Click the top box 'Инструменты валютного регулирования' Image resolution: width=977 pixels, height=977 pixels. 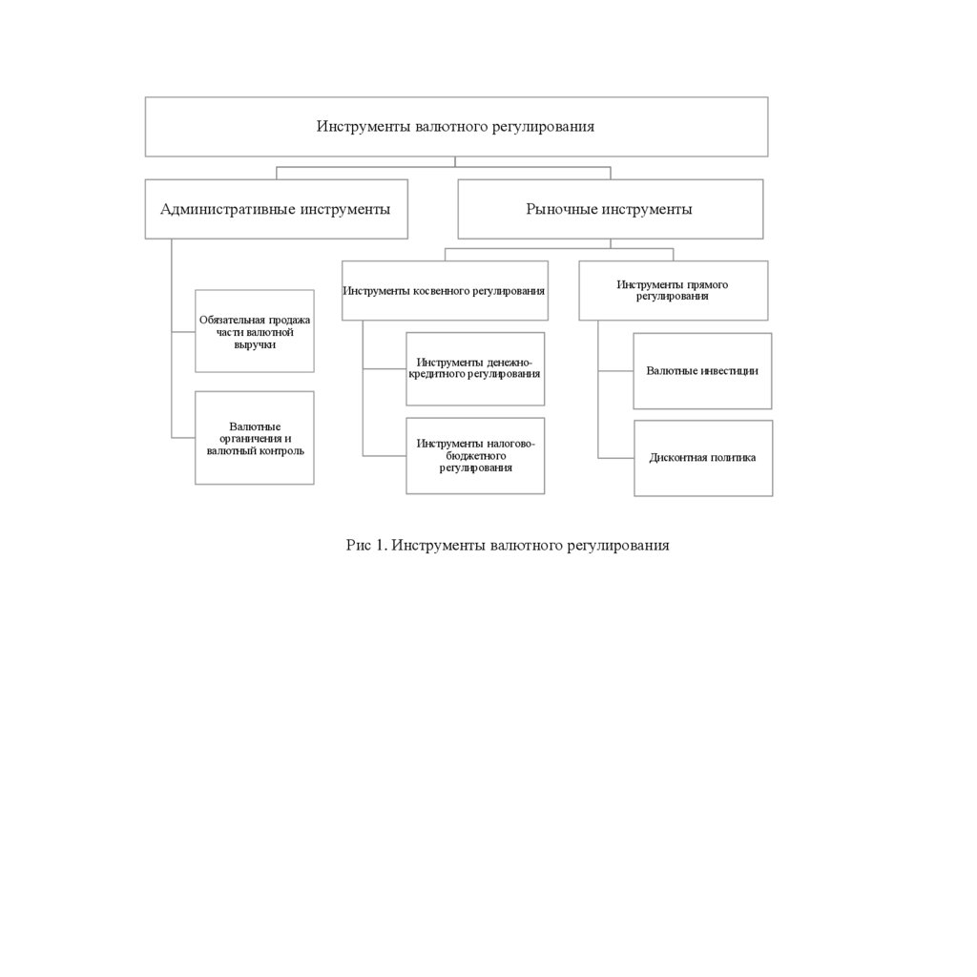pyautogui.click(x=456, y=127)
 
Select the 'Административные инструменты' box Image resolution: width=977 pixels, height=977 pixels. pyautogui.click(x=276, y=209)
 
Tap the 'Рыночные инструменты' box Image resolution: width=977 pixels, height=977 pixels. pyautogui.click(x=610, y=209)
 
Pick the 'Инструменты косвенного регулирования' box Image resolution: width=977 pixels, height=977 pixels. pyautogui.click(x=445, y=290)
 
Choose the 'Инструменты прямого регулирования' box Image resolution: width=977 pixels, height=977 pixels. pyautogui.click(x=673, y=290)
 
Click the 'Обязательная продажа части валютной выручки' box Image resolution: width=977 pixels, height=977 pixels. pyautogui.click(x=255, y=331)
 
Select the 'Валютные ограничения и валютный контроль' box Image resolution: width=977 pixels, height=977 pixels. pyautogui.click(x=255, y=438)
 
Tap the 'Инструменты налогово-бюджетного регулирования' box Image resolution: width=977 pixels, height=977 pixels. pyautogui.click(x=475, y=455)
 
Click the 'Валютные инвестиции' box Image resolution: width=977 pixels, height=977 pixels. pyautogui.click(x=702, y=370)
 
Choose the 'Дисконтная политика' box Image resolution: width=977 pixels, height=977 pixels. pyautogui.click(x=703, y=458)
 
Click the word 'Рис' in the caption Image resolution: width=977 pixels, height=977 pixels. pyautogui.click(x=357, y=546)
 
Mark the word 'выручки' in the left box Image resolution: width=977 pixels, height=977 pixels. pyautogui.click(x=255, y=344)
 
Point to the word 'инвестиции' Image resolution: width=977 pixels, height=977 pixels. pyautogui.click(x=730, y=370)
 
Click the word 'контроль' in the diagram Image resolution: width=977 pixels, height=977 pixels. pyautogui.click(x=281, y=450)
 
